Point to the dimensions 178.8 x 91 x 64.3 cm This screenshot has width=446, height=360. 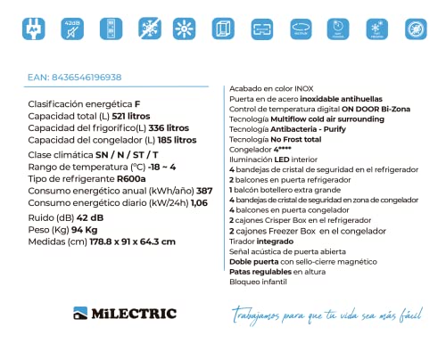[x=126, y=241]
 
